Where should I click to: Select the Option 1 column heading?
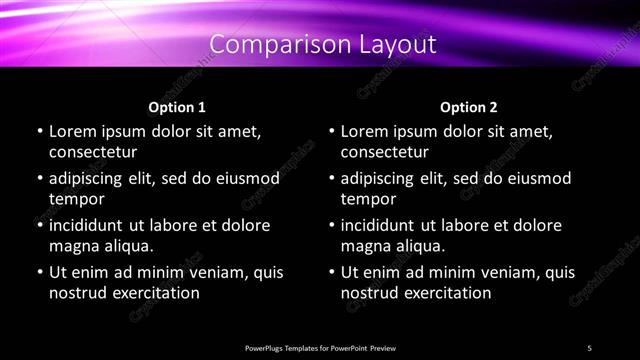[x=177, y=107]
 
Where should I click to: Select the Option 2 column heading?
[x=468, y=107]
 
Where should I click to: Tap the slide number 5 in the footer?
[x=589, y=348]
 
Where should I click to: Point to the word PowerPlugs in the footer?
[x=265, y=348]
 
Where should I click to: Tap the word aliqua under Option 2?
[x=418, y=246]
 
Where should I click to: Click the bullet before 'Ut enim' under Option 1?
[x=39, y=273]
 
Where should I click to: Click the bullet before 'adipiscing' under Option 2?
[x=331, y=180]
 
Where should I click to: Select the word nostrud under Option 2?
[x=369, y=293]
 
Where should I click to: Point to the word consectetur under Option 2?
[x=385, y=152]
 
